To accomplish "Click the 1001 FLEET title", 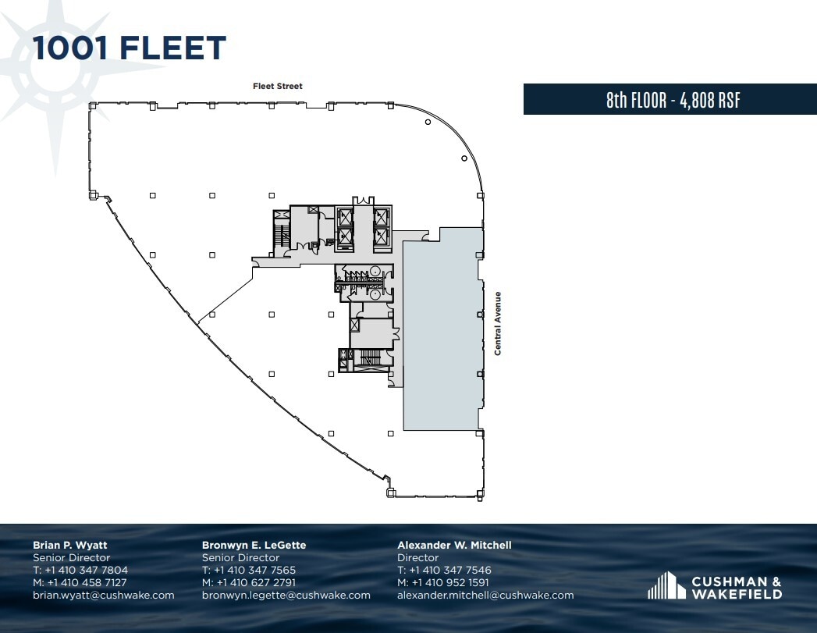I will tap(130, 48).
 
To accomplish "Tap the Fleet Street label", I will tap(277, 86).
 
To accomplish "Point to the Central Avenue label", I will tap(497, 323).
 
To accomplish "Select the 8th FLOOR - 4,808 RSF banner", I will tap(670, 100).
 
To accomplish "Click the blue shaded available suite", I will tap(440, 336).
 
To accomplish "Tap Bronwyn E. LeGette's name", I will tap(254, 545).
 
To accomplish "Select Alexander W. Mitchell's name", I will tap(454, 545).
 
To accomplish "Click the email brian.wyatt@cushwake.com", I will tap(103, 595).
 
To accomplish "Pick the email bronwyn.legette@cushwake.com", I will tap(286, 595).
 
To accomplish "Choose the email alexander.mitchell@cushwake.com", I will tap(485, 595).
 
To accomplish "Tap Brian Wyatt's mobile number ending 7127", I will tap(80, 582).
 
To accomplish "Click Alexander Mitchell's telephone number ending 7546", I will tap(444, 570).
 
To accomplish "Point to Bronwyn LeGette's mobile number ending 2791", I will tap(249, 582).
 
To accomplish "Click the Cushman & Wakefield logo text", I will tap(736, 587).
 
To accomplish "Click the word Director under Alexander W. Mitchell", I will tap(417, 557).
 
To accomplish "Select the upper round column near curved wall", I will tap(427, 122).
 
